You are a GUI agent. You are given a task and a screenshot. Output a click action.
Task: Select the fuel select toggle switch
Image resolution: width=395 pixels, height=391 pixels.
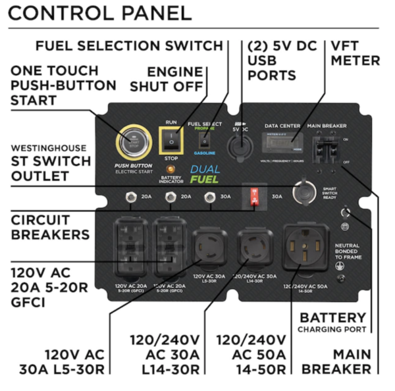point(204,142)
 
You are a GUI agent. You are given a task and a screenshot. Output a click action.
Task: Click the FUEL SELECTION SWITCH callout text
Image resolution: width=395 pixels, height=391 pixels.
point(129,45)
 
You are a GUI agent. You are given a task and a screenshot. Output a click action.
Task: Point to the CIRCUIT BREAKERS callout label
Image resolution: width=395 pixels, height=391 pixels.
point(50,226)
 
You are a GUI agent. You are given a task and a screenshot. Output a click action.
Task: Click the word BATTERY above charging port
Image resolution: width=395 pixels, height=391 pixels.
point(332,317)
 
